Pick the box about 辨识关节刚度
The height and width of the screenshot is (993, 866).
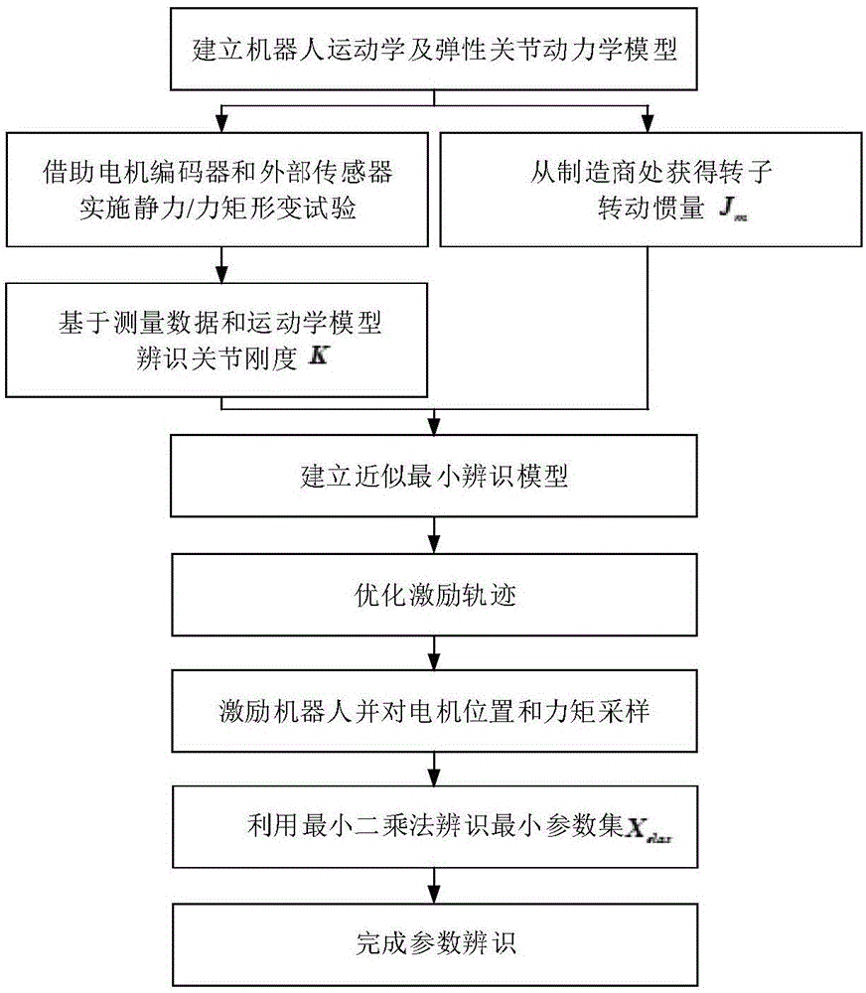[218, 339]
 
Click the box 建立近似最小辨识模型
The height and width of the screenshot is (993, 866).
[434, 476]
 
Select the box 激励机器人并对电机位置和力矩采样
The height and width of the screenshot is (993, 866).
[434, 712]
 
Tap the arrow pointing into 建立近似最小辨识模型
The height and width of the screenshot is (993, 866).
[434, 425]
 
